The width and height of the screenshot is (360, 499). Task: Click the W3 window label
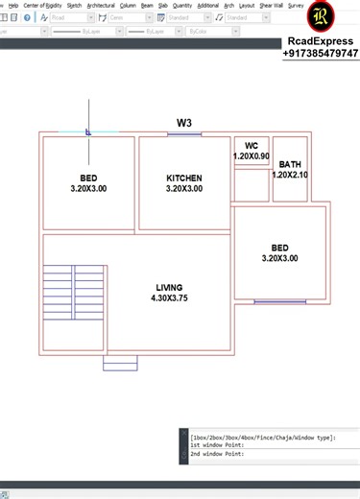[184, 123]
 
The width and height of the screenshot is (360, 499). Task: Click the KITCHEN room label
[184, 178]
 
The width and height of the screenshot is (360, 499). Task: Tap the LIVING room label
[169, 288]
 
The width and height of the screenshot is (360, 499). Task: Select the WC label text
[252, 146]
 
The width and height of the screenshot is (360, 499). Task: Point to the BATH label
[290, 164]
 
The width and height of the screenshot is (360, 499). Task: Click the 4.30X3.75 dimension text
[169, 298]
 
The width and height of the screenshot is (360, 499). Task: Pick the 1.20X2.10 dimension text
[290, 175]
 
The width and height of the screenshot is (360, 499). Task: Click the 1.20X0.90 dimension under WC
[252, 155]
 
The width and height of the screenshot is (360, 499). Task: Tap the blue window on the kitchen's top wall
[184, 134]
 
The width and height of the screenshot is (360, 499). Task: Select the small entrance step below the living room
[120, 362]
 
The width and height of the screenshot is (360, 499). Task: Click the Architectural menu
[100, 6]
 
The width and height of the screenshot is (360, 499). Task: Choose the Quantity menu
[182, 6]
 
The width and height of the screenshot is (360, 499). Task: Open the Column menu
[128, 6]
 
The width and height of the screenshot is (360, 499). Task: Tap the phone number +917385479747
[321, 54]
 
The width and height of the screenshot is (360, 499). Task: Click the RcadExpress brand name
[321, 41]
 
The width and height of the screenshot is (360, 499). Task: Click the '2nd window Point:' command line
[217, 454]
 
